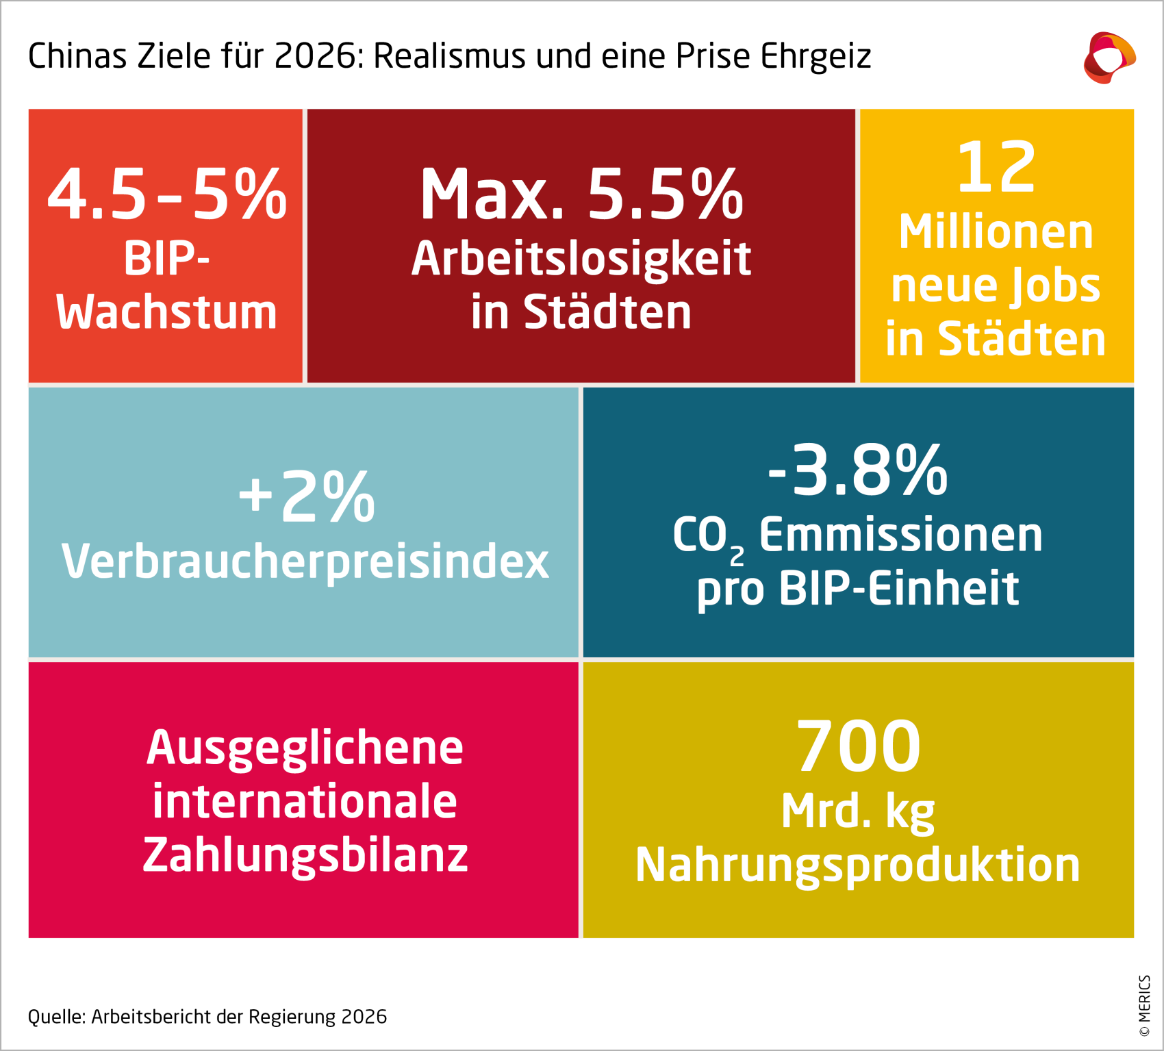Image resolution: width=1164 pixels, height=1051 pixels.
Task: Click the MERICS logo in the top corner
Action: (1109, 58)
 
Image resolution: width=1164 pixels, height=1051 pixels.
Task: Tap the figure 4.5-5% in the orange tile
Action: (166, 195)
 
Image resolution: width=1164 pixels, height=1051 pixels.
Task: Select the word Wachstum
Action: (166, 312)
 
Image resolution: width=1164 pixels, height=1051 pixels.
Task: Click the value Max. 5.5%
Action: (581, 195)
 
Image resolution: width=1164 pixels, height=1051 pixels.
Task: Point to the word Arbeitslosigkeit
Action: (581, 259)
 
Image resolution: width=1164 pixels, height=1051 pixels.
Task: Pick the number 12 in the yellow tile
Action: (996, 167)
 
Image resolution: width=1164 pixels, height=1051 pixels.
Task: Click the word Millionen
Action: (996, 232)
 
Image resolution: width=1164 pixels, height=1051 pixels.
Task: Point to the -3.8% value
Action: (858, 470)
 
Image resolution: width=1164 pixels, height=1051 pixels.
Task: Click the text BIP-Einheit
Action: (899, 589)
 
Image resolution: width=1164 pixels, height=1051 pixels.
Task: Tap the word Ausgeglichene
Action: (305, 748)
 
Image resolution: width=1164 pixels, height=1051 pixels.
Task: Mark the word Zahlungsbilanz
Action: (305, 856)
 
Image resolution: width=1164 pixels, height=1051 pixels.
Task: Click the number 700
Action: (858, 746)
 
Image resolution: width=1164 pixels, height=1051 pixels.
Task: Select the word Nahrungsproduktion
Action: (858, 865)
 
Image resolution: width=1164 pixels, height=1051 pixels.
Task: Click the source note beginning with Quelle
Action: (207, 1017)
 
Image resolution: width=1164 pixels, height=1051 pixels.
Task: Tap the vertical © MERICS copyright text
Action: (1144, 1006)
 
